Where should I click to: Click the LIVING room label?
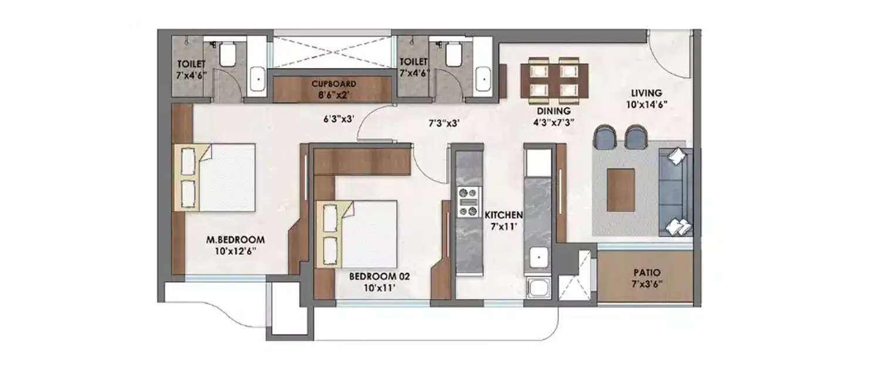(647, 93)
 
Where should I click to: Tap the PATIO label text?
(647, 273)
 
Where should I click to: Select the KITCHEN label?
(500, 216)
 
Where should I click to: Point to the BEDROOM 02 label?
(375, 274)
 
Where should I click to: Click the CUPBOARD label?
(333, 83)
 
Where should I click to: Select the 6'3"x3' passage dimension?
(340, 119)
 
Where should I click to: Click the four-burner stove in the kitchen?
(469, 201)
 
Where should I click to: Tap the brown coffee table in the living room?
(621, 190)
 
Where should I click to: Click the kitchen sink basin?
(537, 257)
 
